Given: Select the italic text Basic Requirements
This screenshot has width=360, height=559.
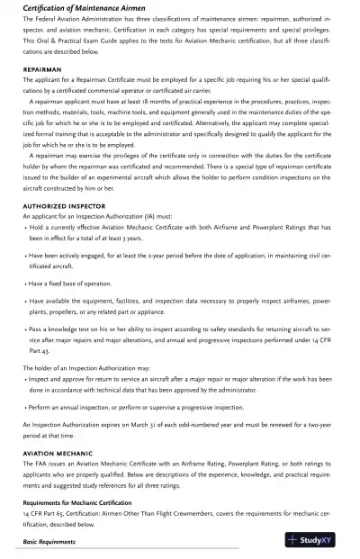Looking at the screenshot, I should tap(49, 542).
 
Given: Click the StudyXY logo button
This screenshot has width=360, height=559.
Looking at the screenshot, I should tap(314, 540).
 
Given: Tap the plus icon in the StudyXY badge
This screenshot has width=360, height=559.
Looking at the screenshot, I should tap(292, 540).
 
